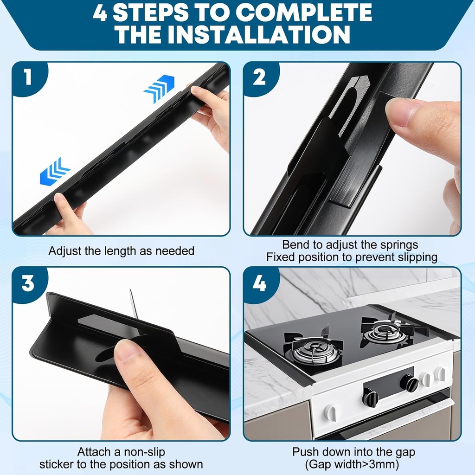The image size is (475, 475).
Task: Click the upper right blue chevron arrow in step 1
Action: tap(159, 88)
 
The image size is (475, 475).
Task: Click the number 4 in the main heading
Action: tap(100, 13)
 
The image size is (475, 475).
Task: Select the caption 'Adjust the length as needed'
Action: tap(122, 251)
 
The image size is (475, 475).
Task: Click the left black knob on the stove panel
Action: tap(370, 398)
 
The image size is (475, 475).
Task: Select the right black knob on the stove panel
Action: tap(409, 383)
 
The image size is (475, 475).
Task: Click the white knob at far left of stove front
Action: tap(331, 413)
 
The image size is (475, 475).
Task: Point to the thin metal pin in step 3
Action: tap(133, 304)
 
